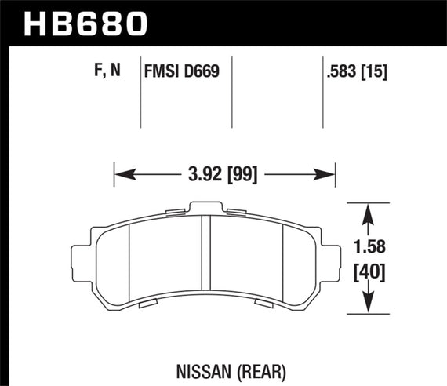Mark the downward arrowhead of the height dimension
pyautogui.click(x=370, y=308)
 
